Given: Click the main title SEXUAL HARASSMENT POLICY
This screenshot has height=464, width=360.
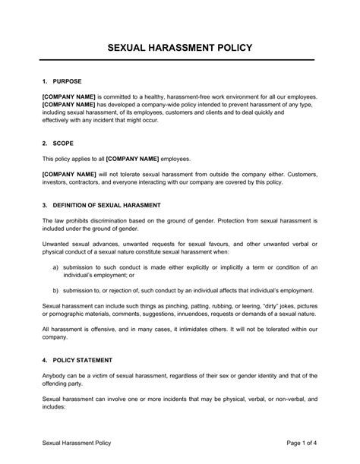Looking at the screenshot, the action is click(x=180, y=48).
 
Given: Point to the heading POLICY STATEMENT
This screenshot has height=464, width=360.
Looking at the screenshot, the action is click(x=87, y=358).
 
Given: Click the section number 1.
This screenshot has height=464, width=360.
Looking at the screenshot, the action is click(x=45, y=80).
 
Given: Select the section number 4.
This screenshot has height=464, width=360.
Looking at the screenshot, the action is click(x=45, y=358).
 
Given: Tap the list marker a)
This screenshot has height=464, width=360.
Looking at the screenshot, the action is click(x=56, y=267).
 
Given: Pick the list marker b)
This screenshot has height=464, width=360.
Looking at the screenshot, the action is click(x=56, y=290).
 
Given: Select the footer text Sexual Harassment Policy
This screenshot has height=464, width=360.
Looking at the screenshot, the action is click(x=77, y=442).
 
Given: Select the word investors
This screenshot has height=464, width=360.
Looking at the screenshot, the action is click(x=58, y=182).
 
